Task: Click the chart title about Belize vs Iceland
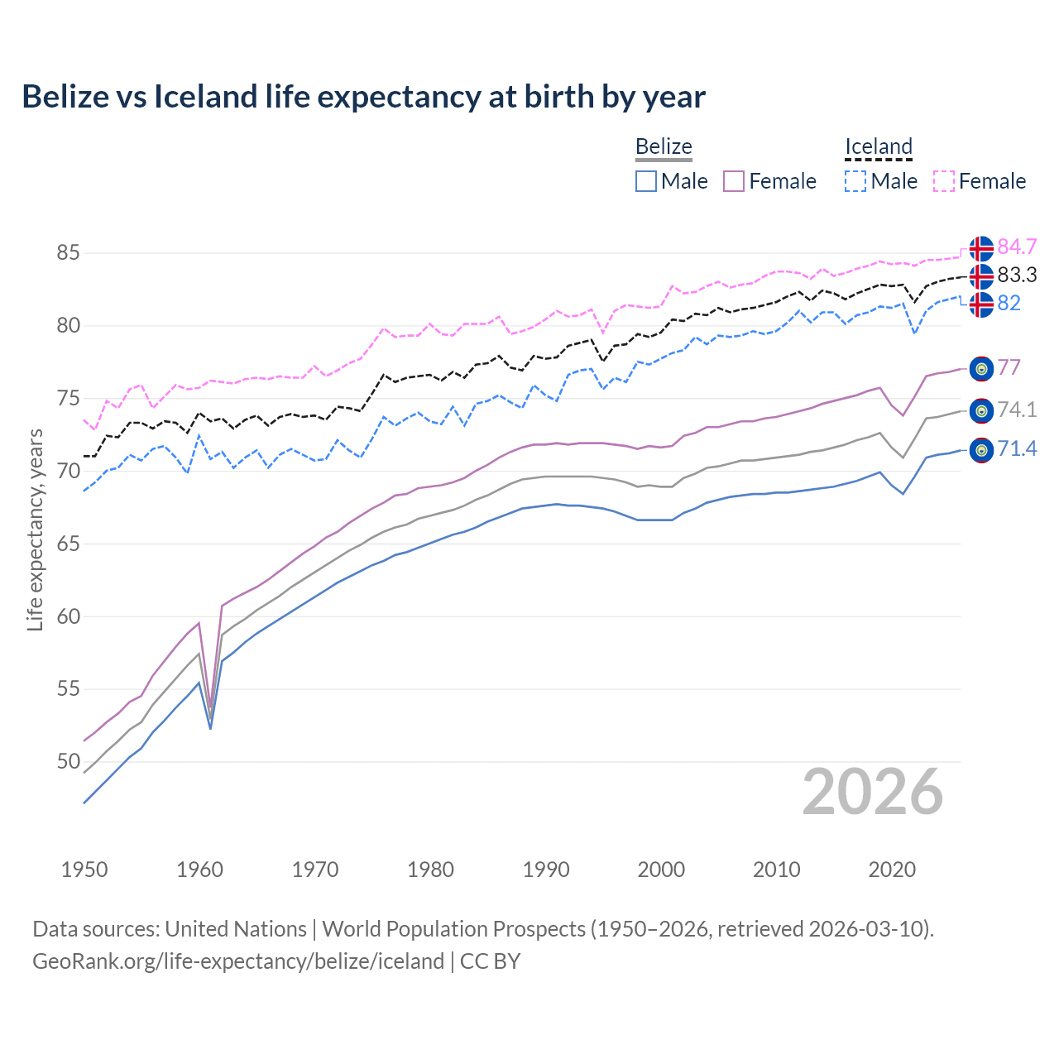pyautogui.click(x=363, y=97)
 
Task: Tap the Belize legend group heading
pyautogui.click(x=664, y=146)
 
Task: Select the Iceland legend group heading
pyautogui.click(x=878, y=146)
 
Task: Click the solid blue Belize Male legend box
pyautogui.click(x=646, y=181)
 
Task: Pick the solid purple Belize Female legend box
pyautogui.click(x=734, y=181)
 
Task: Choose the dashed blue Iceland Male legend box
pyautogui.click(x=855, y=181)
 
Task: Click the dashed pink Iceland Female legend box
pyautogui.click(x=944, y=181)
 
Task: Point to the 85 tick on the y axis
pyautogui.click(x=68, y=252)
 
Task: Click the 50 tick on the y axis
pyautogui.click(x=68, y=761)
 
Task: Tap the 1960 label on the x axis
pyautogui.click(x=199, y=870)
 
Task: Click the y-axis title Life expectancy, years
pyautogui.click(x=35, y=529)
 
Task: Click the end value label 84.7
pyautogui.click(x=1017, y=247)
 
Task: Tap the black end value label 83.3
pyautogui.click(x=1017, y=276)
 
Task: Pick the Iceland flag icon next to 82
pyautogui.click(x=981, y=304)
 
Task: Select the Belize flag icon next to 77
pyautogui.click(x=981, y=368)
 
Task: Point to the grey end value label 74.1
pyautogui.click(x=1017, y=410)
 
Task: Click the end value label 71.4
pyautogui.click(x=1017, y=449)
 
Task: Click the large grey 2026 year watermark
pyautogui.click(x=872, y=792)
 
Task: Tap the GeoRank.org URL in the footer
pyautogui.click(x=238, y=961)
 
